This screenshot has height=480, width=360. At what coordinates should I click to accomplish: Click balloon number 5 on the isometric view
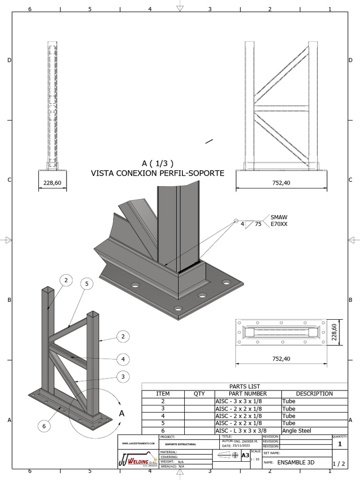pyautogui.click(x=86, y=284)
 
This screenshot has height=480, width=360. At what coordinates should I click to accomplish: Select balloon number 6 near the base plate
pyautogui.click(x=44, y=426)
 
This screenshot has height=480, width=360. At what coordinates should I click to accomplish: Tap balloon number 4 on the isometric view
pyautogui.click(x=123, y=360)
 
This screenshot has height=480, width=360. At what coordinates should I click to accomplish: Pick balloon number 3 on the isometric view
pyautogui.click(x=123, y=376)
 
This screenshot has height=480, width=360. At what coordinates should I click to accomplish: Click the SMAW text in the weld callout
pyautogui.click(x=279, y=217)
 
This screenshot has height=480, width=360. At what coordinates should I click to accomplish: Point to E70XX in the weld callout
pyautogui.click(x=279, y=225)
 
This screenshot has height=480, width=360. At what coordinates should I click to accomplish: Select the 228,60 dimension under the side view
pyautogui.click(x=52, y=182)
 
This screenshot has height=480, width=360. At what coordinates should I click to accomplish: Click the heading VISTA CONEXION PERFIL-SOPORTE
pyautogui.click(x=157, y=173)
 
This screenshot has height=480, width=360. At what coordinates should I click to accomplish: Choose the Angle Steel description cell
pyautogui.click(x=296, y=430)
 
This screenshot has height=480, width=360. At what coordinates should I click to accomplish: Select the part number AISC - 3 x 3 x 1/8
pyautogui.click(x=239, y=401)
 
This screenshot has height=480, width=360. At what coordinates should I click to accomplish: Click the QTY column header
pyautogui.click(x=199, y=394)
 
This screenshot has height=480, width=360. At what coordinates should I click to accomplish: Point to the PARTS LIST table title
pyautogui.click(x=245, y=386)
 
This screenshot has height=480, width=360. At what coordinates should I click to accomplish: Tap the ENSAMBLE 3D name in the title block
pyautogui.click(x=296, y=463)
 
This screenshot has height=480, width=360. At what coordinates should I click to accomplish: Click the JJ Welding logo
pyautogui.click(x=138, y=459)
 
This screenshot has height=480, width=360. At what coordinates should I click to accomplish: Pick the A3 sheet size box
pyautogui.click(x=245, y=455)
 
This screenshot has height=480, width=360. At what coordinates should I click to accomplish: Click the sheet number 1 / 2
pyautogui.click(x=338, y=464)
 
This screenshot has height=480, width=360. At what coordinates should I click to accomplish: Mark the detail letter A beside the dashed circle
pyautogui.click(x=121, y=413)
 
